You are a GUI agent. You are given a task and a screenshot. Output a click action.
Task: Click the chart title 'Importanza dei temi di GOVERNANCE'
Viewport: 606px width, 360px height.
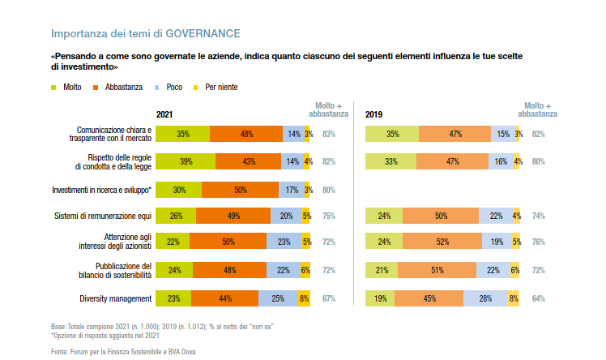(x=145, y=34)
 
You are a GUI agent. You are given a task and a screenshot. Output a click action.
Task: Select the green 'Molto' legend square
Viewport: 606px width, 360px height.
(x=54, y=87)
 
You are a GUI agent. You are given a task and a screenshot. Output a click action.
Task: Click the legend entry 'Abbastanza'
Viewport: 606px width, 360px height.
(x=121, y=87)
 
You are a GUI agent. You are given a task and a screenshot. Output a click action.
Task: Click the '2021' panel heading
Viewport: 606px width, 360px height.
(x=164, y=115)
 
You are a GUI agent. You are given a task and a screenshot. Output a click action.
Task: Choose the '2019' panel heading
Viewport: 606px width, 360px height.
(x=373, y=115)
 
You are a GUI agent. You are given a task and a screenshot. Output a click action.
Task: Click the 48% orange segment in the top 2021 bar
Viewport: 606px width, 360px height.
(x=246, y=135)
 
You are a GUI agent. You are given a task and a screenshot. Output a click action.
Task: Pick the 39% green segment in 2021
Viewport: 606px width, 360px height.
(x=186, y=161)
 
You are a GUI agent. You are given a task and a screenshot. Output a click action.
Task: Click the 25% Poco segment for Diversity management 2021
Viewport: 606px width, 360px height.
(x=278, y=299)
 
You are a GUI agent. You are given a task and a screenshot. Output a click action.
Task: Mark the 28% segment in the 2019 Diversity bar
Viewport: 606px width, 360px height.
(x=484, y=299)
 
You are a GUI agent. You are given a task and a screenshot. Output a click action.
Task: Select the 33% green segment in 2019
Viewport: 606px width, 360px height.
(x=390, y=161)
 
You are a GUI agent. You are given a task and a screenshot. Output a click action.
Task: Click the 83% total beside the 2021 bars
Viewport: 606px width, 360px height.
(x=328, y=135)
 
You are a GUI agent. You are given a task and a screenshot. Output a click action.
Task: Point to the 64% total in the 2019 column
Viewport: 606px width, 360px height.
(x=538, y=299)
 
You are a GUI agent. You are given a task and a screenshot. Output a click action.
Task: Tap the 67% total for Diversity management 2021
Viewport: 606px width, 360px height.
(x=328, y=299)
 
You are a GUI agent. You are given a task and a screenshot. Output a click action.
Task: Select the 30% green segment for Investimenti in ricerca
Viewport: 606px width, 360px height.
(x=179, y=190)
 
